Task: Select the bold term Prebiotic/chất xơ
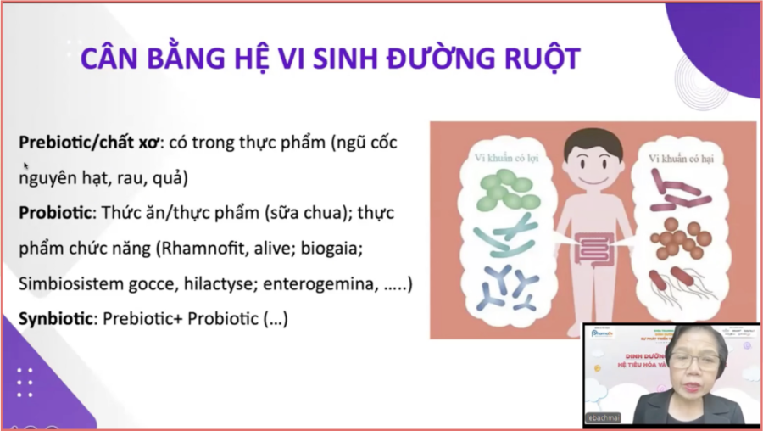click(x=92, y=143)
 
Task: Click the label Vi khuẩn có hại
click(x=682, y=158)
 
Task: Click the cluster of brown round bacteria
click(x=678, y=238)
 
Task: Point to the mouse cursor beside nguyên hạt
click(x=26, y=166)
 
